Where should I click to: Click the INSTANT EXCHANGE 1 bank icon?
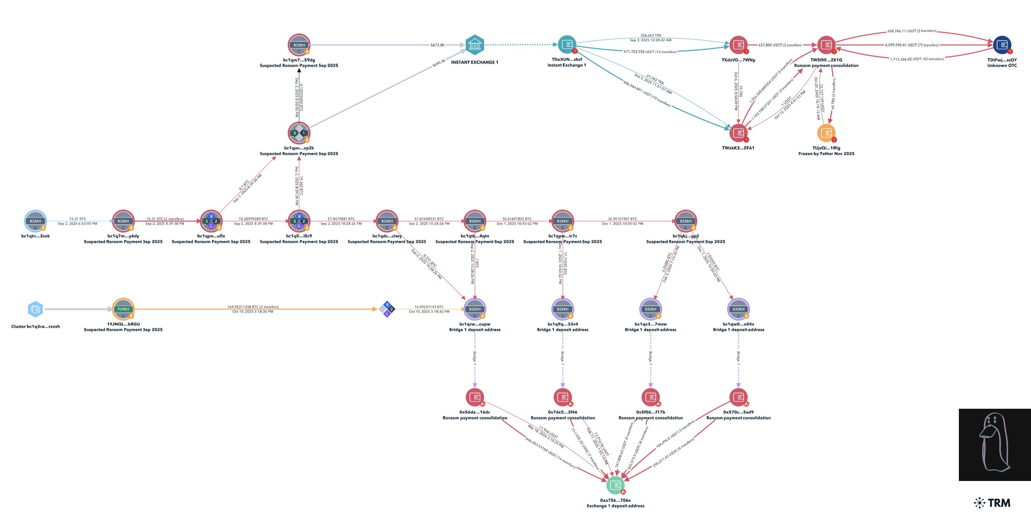(475, 44)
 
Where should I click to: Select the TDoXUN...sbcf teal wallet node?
(567, 44)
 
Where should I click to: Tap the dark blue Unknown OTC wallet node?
(1002, 44)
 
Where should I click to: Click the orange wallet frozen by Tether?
(826, 133)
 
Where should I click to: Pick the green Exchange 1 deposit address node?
(615, 485)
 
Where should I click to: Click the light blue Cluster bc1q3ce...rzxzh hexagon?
(36, 309)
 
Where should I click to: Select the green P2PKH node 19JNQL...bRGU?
(123, 309)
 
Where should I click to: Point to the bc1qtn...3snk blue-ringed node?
(36, 221)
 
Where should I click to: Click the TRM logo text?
(999, 503)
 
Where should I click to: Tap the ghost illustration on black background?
(995, 445)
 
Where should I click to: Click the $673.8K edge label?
(437, 45)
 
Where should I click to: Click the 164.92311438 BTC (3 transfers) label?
(253, 307)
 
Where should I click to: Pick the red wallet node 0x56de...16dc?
(475, 397)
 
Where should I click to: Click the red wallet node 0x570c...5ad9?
(739, 397)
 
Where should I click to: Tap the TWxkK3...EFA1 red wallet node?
(739, 133)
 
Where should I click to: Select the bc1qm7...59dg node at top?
(299, 44)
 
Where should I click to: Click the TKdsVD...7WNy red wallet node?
(739, 44)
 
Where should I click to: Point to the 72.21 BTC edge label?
(78, 219)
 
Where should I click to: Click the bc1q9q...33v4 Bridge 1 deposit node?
(563, 309)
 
